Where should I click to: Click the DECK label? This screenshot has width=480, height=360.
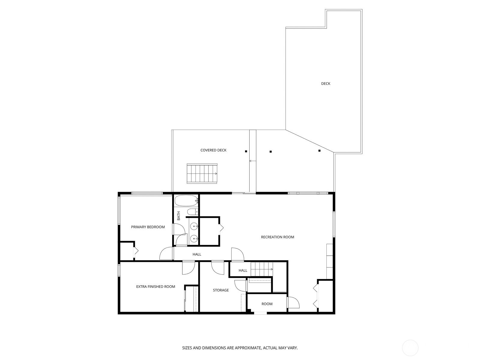[x=325, y=83]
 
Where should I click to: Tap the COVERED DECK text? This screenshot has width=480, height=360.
[x=213, y=150]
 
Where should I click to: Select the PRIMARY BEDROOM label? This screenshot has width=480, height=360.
[x=148, y=227]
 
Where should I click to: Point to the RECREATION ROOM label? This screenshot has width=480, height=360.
[x=277, y=237]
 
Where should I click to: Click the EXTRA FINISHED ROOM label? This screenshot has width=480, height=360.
[x=155, y=286]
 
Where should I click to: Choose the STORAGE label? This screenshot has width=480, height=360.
[x=220, y=290]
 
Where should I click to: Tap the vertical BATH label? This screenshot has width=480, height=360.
[x=179, y=215]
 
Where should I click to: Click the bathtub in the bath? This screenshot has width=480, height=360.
[x=186, y=201]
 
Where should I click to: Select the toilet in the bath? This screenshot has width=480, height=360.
[x=192, y=211]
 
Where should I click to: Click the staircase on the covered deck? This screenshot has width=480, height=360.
[x=202, y=174]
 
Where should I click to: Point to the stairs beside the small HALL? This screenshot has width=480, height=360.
[x=262, y=269]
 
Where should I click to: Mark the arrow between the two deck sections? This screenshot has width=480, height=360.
[x=253, y=161]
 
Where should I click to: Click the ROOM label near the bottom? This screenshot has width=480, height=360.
[x=267, y=304]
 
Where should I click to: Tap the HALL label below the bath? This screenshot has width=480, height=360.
[x=197, y=254]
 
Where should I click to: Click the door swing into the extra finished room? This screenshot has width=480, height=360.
[x=188, y=268]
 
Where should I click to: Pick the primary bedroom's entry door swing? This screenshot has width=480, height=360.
[x=166, y=253]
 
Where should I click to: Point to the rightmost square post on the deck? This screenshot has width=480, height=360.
[x=319, y=151]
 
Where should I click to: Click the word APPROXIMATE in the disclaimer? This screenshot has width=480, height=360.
[x=248, y=348]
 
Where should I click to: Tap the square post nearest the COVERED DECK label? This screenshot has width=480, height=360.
[x=246, y=151]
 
